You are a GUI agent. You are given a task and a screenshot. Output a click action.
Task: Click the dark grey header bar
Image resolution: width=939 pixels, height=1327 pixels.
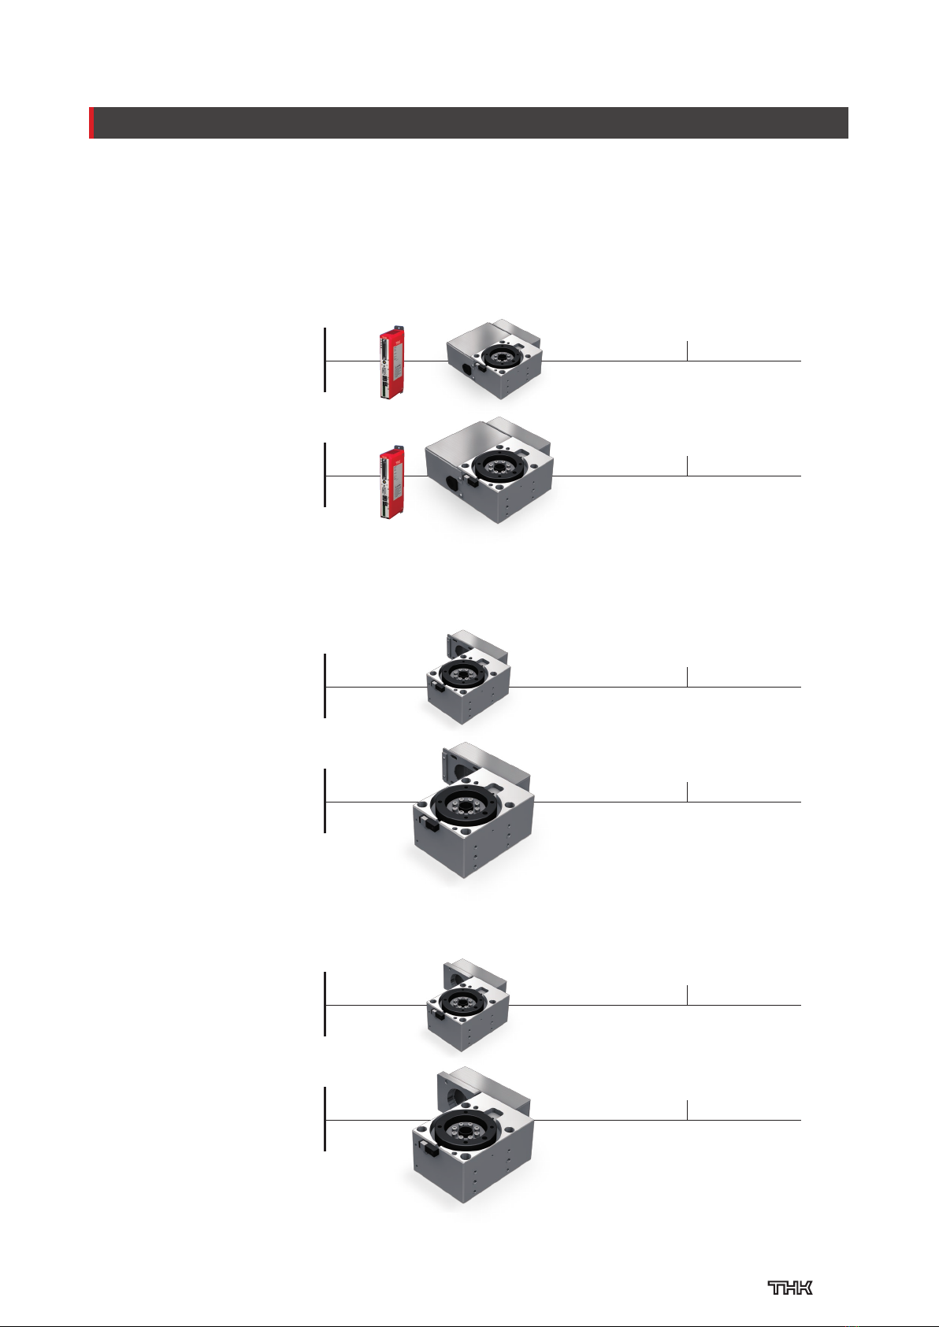pyautogui.click(x=470, y=123)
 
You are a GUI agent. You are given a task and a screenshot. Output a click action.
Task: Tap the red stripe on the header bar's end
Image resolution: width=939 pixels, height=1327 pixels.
pyautogui.click(x=91, y=123)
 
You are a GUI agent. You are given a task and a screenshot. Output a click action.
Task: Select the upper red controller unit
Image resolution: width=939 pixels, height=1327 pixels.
pyautogui.click(x=392, y=362)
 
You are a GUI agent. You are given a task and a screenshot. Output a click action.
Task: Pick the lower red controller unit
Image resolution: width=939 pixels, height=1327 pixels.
pyautogui.click(x=392, y=483)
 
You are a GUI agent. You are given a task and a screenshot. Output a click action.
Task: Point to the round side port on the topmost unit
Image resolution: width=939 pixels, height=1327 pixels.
pyautogui.click(x=466, y=370)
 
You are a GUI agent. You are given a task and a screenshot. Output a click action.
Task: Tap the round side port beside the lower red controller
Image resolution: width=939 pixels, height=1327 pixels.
pyautogui.click(x=451, y=484)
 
